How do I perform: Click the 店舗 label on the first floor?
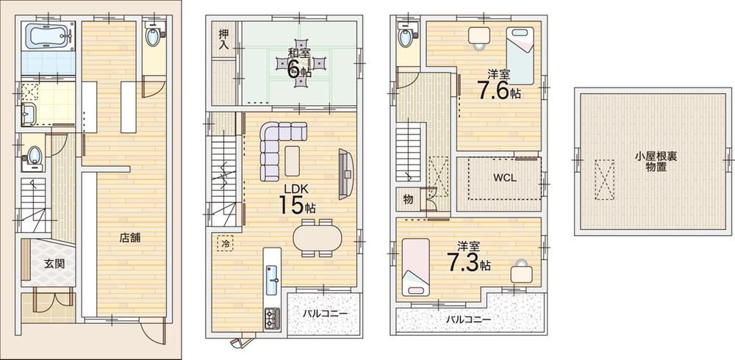(x=130, y=237)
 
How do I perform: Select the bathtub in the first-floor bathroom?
(x=48, y=36)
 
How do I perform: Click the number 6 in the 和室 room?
(x=293, y=70)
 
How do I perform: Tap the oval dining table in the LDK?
(x=318, y=238)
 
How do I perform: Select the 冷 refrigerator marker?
(x=226, y=244)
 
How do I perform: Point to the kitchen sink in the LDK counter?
(x=273, y=281)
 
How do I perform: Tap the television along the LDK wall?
(x=346, y=174)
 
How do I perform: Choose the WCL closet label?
(x=504, y=178)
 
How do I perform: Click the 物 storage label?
(x=408, y=200)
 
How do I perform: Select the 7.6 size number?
(x=492, y=91)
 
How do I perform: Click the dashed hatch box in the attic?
(x=604, y=180)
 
